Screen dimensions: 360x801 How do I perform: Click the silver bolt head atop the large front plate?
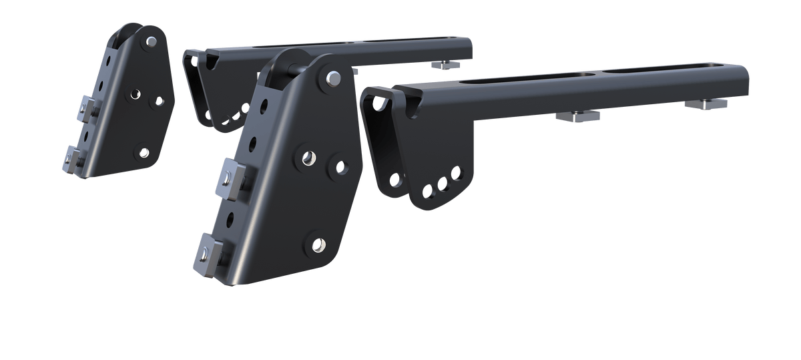(x=331, y=78)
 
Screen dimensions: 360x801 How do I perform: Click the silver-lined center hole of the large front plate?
(x=308, y=158)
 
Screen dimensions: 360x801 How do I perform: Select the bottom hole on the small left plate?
(x=142, y=151)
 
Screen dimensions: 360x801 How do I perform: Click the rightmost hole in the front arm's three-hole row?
(x=456, y=174)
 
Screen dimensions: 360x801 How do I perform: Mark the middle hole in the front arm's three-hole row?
(x=441, y=182)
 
